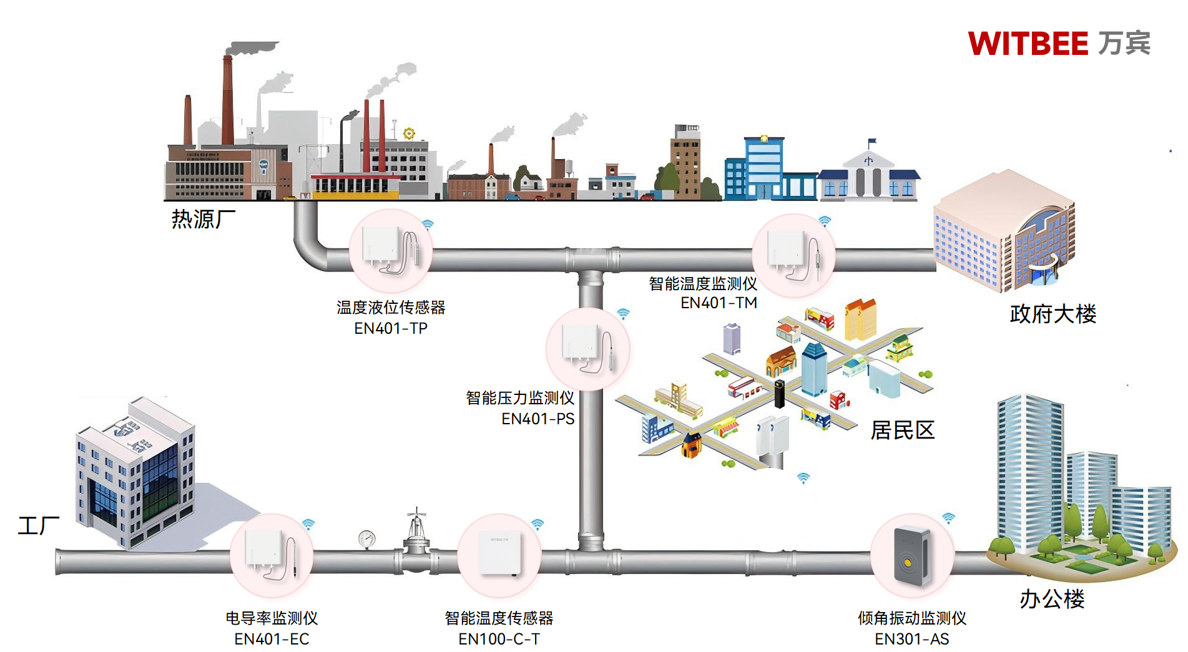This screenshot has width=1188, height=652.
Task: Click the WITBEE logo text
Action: pos(1027,44)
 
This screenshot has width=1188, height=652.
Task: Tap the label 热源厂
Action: pos(203,219)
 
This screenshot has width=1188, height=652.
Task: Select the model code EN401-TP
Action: pos(391,328)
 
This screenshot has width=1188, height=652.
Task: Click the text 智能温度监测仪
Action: pos(702,284)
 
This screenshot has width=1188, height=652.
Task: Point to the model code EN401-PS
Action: pos(538,419)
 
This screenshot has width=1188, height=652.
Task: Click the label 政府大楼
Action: pos(1053,314)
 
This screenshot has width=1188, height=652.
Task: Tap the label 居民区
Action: pos(902,430)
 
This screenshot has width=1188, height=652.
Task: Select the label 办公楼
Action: pos(1052,599)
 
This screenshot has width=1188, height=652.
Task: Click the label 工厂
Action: pos(38,525)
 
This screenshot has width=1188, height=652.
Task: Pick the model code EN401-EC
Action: pos(272,639)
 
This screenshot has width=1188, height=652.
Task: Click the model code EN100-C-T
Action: pos(499,639)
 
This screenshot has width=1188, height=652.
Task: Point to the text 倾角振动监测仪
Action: pos(911,618)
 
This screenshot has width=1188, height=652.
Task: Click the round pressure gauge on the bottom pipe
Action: pos(367,538)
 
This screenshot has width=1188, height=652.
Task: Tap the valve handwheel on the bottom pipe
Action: pos(416,514)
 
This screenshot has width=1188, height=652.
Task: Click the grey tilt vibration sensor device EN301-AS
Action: pos(911,556)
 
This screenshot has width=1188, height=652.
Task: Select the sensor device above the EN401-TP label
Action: pos(390,250)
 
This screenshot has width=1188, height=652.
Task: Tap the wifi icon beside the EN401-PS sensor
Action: pos(623,313)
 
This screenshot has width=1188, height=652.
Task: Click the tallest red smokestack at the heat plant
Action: pos(227,100)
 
